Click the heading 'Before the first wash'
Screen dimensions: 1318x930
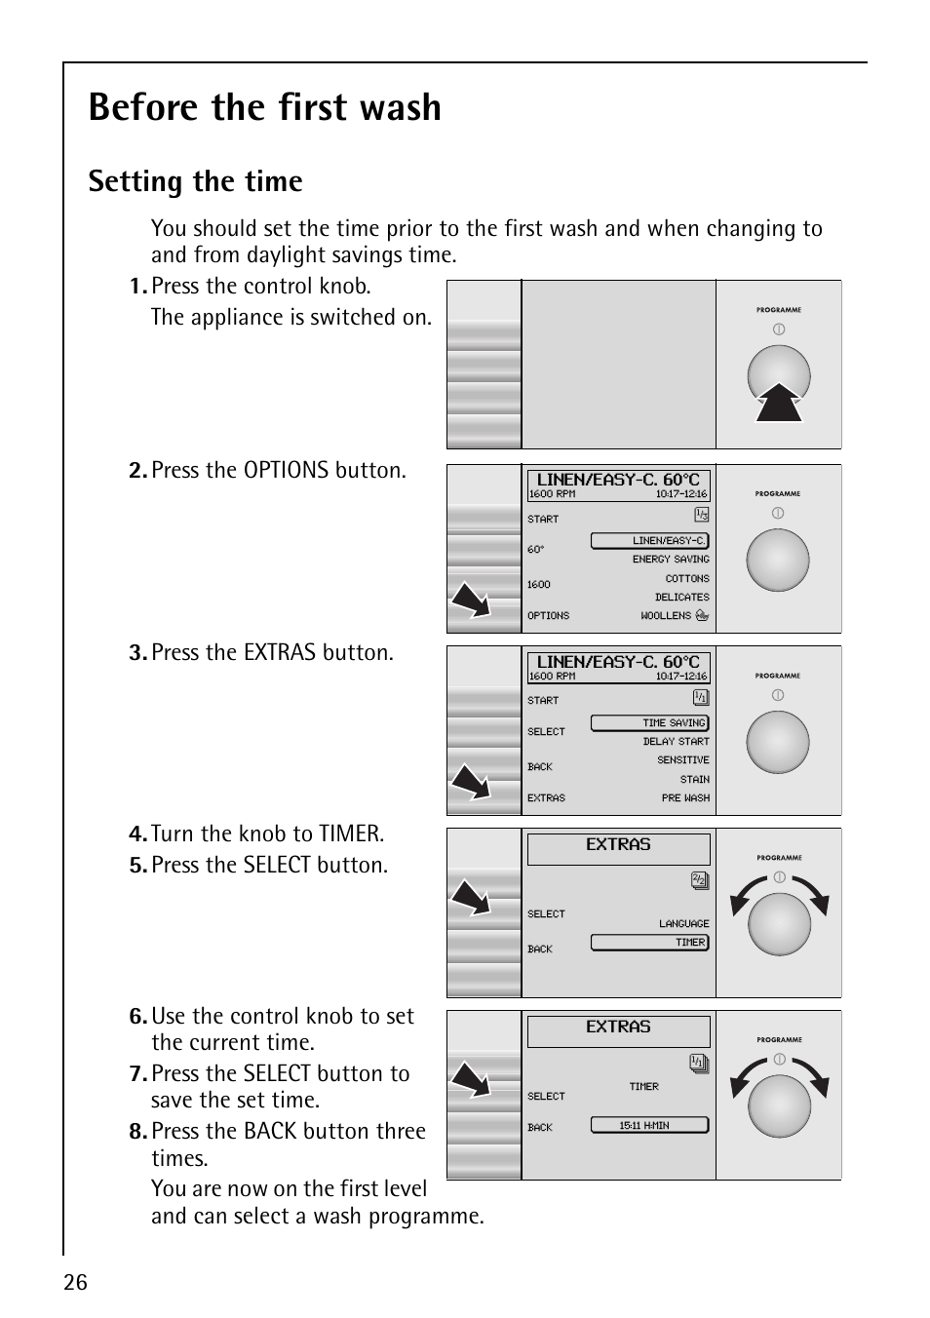coord(264,107)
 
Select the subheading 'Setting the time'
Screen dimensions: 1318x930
coord(195,181)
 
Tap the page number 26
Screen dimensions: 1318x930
coord(75,1282)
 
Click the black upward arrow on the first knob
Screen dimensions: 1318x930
coord(779,403)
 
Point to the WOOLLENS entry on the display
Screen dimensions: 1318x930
coord(666,616)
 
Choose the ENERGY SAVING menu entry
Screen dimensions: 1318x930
coord(671,560)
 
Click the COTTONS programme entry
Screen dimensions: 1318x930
coord(687,578)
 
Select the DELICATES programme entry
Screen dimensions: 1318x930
coord(681,598)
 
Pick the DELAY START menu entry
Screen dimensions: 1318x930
coord(676,742)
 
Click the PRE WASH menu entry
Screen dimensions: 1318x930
coord(685,798)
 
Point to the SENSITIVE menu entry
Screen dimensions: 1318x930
coord(682,760)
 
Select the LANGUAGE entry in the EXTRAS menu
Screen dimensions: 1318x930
coord(683,923)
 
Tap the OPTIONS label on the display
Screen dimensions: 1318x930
coord(548,616)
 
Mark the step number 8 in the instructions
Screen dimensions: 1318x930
coord(136,1132)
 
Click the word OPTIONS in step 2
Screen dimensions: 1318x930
coord(286,471)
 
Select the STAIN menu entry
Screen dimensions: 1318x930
coord(694,780)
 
